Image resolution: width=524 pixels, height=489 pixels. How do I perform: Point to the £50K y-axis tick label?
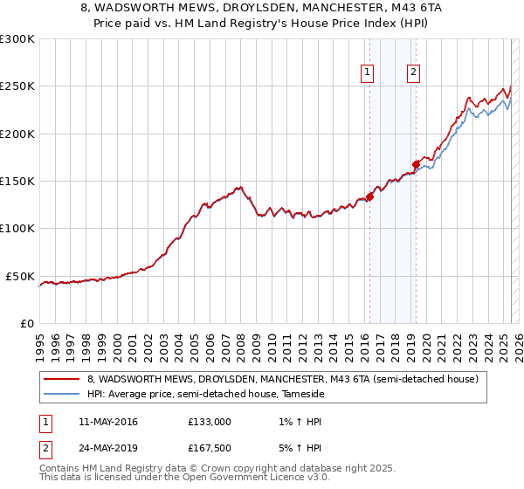(x=19, y=276)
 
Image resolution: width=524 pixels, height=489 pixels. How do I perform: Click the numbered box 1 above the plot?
(x=368, y=73)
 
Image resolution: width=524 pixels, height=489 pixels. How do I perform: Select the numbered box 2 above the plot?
(x=413, y=73)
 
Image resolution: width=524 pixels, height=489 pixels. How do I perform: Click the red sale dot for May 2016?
(x=369, y=197)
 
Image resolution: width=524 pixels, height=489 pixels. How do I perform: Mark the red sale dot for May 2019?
(x=416, y=164)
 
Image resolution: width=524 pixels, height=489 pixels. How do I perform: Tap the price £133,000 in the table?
(x=210, y=422)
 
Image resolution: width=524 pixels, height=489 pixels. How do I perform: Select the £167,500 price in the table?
(x=210, y=450)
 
